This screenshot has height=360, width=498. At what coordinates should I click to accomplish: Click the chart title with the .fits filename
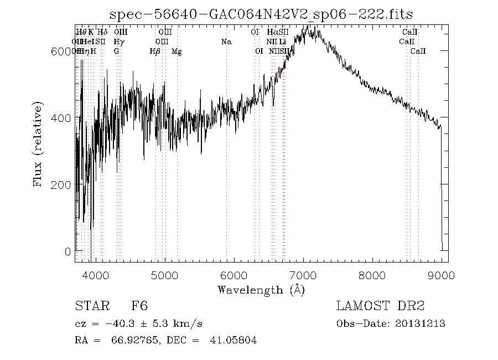pyautogui.click(x=261, y=14)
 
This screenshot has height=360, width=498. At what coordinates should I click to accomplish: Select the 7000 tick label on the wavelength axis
pyautogui.click(x=303, y=275)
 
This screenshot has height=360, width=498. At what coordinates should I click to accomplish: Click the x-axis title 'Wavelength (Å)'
pyautogui.click(x=261, y=290)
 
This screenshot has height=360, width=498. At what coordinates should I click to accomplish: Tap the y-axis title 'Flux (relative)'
pyautogui.click(x=38, y=144)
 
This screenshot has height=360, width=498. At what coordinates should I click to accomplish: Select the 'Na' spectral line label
pyautogui.click(x=226, y=42)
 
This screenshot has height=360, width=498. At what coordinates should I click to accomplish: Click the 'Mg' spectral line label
pyautogui.click(x=177, y=52)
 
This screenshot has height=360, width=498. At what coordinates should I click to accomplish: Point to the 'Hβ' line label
pyautogui.click(x=155, y=52)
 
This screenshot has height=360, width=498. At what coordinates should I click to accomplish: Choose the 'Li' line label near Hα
pyautogui.click(x=282, y=42)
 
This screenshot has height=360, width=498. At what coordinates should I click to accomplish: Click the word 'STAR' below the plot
pyautogui.click(x=90, y=306)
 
